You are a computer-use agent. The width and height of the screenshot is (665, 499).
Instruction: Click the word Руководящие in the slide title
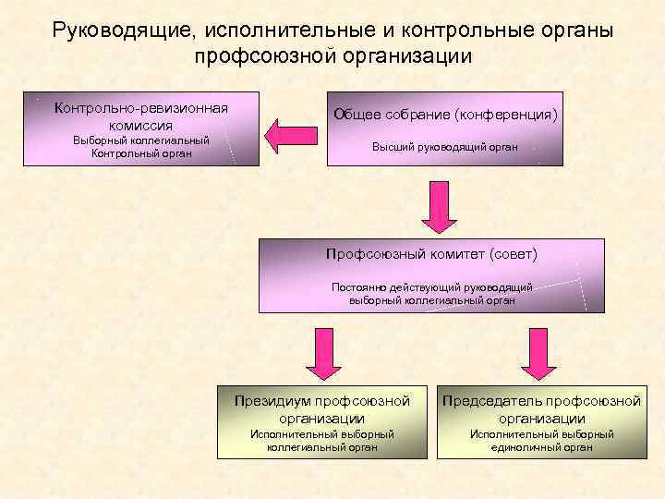123,30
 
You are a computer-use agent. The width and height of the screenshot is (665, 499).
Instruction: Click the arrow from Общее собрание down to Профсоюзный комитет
440,207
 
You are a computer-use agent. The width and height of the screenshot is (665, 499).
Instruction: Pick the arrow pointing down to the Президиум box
323,352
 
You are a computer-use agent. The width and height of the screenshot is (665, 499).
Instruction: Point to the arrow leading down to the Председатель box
540,352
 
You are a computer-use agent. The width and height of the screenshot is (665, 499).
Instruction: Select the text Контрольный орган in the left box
141,153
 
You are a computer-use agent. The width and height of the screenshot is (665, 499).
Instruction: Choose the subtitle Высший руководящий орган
444,147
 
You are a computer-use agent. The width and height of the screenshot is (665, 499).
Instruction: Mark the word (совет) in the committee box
515,252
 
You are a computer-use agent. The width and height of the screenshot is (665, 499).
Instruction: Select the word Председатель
490,401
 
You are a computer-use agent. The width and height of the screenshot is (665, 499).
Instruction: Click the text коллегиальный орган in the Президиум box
321,447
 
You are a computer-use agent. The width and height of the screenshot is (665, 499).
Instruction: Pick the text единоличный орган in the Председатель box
541,447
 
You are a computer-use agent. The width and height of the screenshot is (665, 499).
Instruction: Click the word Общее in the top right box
356,116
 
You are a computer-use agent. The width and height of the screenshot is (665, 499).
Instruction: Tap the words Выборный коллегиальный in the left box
141,140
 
